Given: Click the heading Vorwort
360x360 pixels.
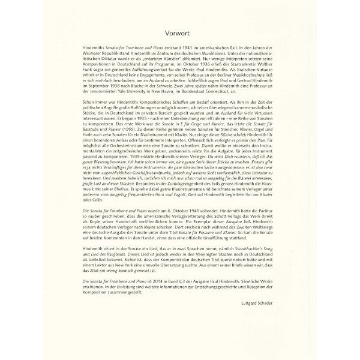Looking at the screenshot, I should [x=179, y=34].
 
